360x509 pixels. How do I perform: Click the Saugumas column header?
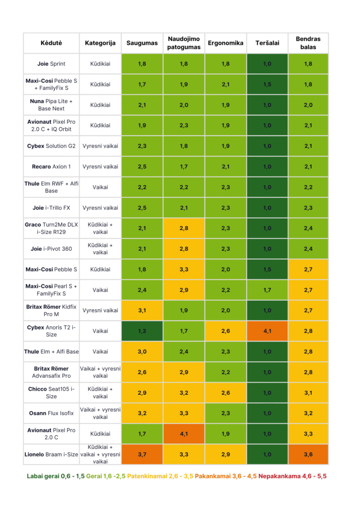pyautogui.click(x=142, y=43)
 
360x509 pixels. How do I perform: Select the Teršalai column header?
pyautogui.click(x=267, y=43)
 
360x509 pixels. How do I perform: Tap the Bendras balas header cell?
pyautogui.click(x=308, y=43)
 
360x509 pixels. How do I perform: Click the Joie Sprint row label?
pyautogui.click(x=51, y=64)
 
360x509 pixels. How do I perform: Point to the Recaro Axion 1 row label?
pyautogui.click(x=51, y=167)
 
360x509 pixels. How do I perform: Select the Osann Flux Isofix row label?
pyautogui.click(x=51, y=413)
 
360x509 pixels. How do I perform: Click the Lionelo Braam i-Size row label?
pyautogui.click(x=51, y=454)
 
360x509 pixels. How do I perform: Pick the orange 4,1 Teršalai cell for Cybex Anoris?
pyautogui.click(x=267, y=331)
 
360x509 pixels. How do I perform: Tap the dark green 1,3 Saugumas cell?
pyautogui.click(x=142, y=331)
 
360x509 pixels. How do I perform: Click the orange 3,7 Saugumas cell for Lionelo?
pyautogui.click(x=142, y=454)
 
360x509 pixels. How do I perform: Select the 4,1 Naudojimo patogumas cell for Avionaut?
pyautogui.click(x=184, y=434)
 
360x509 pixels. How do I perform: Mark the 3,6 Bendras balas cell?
pyautogui.click(x=308, y=454)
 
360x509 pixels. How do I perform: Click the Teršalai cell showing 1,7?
pyautogui.click(x=267, y=290)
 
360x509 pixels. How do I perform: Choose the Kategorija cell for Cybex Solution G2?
pyautogui.click(x=100, y=146)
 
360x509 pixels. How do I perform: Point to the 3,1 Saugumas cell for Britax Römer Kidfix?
pyautogui.click(x=142, y=311)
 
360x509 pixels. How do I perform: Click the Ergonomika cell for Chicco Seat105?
pyautogui.click(x=226, y=393)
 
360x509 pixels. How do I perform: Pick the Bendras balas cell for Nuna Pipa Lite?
pyautogui.click(x=308, y=105)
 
